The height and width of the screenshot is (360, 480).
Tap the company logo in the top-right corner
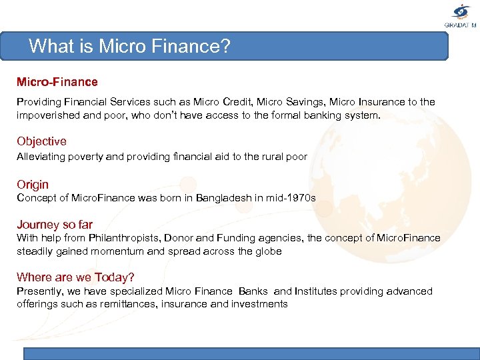(x=461, y=15)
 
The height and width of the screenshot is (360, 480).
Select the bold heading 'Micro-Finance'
(x=57, y=82)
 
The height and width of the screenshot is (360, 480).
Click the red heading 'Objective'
(x=41, y=141)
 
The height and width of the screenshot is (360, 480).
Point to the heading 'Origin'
(x=33, y=185)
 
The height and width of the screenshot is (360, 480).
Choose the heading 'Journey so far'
(x=55, y=225)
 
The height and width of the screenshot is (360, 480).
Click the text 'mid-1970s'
(x=290, y=199)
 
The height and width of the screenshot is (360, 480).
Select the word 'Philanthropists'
(x=129, y=238)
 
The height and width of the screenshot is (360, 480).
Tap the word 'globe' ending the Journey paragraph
(x=267, y=251)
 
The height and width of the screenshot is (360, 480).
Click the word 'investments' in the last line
(x=259, y=304)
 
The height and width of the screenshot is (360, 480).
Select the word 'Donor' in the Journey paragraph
(x=179, y=238)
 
